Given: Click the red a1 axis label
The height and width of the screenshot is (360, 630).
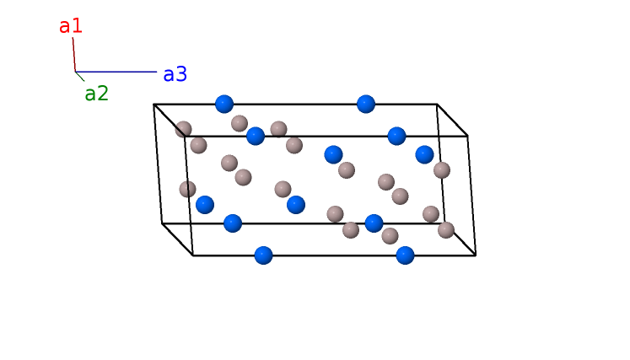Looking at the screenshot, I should point(71,26).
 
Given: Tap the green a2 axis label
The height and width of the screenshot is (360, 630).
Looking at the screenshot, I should point(96,94).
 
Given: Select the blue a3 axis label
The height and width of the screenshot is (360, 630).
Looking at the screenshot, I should point(175,74).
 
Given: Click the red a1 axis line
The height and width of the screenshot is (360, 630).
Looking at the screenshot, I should point(74,54).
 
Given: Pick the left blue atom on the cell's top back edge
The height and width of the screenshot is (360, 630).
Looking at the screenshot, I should point(223,104).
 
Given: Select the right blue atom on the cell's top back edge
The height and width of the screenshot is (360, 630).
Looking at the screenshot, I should point(365,104).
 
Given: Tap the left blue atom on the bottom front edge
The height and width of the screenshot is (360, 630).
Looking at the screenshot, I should point(263,255).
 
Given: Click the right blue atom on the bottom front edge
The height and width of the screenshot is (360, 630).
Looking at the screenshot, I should point(405,255).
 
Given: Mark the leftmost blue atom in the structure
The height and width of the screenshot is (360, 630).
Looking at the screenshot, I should point(205,204).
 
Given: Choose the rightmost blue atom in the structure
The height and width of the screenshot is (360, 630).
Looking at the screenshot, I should point(424,154).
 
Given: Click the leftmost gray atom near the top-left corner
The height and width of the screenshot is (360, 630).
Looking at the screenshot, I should point(183,129).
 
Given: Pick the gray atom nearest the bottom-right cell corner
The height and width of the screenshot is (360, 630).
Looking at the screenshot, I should point(446,229).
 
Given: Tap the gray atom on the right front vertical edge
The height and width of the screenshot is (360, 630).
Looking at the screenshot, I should point(442,170).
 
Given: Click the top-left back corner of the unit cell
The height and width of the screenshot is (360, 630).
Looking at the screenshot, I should point(153,105).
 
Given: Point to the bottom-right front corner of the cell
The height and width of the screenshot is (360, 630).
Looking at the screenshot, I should point(476,255).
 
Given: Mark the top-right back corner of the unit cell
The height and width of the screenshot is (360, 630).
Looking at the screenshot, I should point(437,105).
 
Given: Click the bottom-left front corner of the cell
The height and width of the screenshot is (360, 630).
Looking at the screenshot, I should point(193,255).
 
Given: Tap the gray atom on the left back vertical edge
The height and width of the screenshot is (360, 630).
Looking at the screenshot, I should point(187,189).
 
